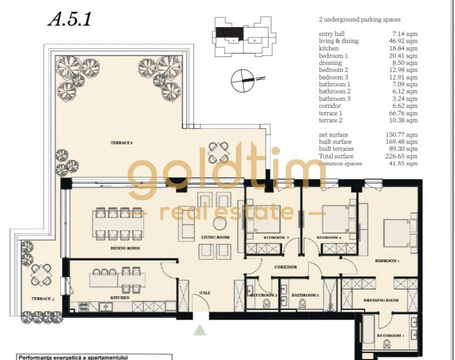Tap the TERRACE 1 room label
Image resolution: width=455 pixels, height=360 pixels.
[x=121, y=143]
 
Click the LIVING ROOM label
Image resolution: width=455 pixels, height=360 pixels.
[x=215, y=237]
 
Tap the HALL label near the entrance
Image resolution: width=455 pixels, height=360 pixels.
[x=205, y=292]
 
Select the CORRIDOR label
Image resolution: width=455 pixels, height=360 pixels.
[x=286, y=267]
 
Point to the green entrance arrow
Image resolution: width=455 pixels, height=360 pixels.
[x=200, y=329]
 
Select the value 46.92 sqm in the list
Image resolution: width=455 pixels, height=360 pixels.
[x=405, y=41]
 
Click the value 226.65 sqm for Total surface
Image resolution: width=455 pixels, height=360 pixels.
[x=405, y=156]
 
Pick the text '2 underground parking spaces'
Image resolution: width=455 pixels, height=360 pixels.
[x=359, y=20]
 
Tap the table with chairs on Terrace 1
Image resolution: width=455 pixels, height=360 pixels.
[x=218, y=150]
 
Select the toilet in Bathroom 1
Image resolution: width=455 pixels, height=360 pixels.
[x=386, y=344]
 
